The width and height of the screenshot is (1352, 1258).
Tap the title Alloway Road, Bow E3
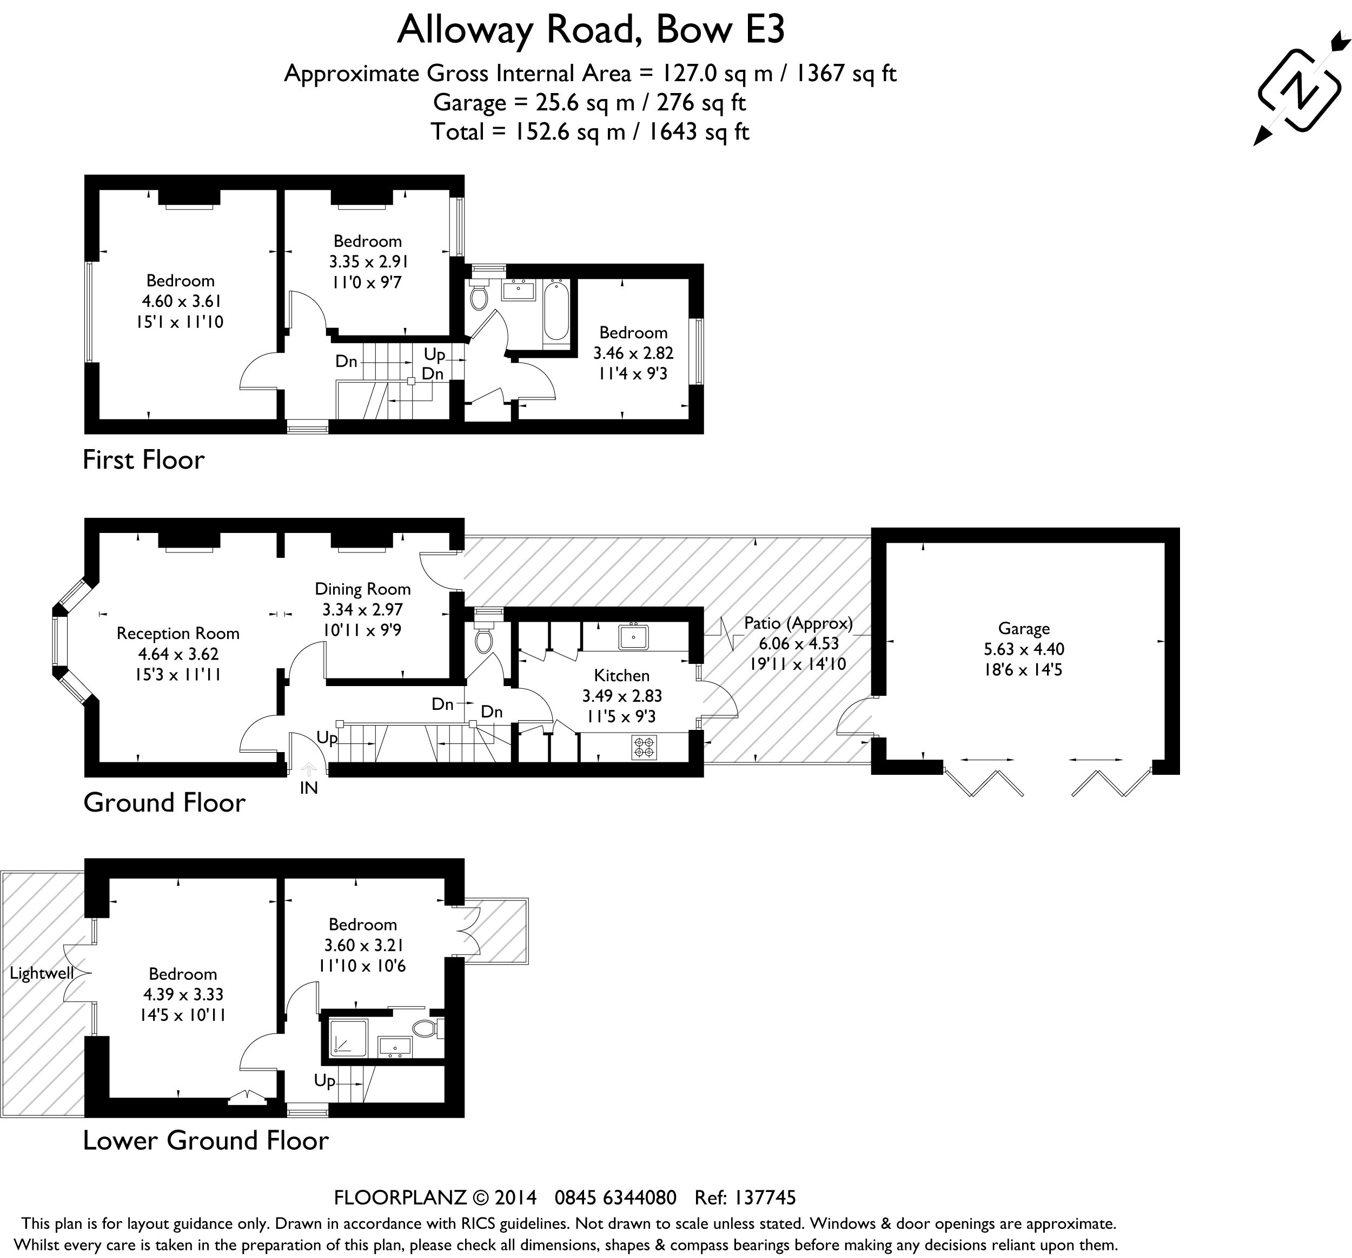coord(591,30)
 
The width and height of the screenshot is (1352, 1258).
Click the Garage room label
coord(1024,629)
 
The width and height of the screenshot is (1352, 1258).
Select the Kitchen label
coord(621,676)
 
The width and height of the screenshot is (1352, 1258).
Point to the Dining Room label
coord(362,589)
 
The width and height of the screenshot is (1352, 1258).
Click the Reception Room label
coord(177,634)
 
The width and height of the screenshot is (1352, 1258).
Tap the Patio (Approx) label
coord(798,623)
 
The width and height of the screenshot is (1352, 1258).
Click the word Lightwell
coord(41,973)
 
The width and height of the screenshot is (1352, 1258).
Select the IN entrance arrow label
coord(309,788)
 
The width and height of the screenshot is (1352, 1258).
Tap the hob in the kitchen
coord(644,748)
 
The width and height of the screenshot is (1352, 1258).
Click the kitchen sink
coord(633,637)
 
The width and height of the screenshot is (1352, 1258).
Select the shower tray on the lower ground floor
coord(348,1038)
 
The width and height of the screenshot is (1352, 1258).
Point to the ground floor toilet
coord(483,640)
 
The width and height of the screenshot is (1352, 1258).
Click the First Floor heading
coord(143,460)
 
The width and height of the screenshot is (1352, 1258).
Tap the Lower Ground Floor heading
coord(206,1140)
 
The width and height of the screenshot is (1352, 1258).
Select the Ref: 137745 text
coord(745,1197)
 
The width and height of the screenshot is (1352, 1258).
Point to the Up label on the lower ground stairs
coord(324,1081)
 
